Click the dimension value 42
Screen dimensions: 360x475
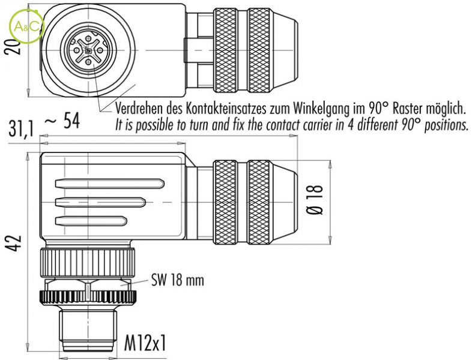[16, 243]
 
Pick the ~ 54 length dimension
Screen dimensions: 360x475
[62, 121]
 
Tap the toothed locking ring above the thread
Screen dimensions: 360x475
[88, 296]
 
